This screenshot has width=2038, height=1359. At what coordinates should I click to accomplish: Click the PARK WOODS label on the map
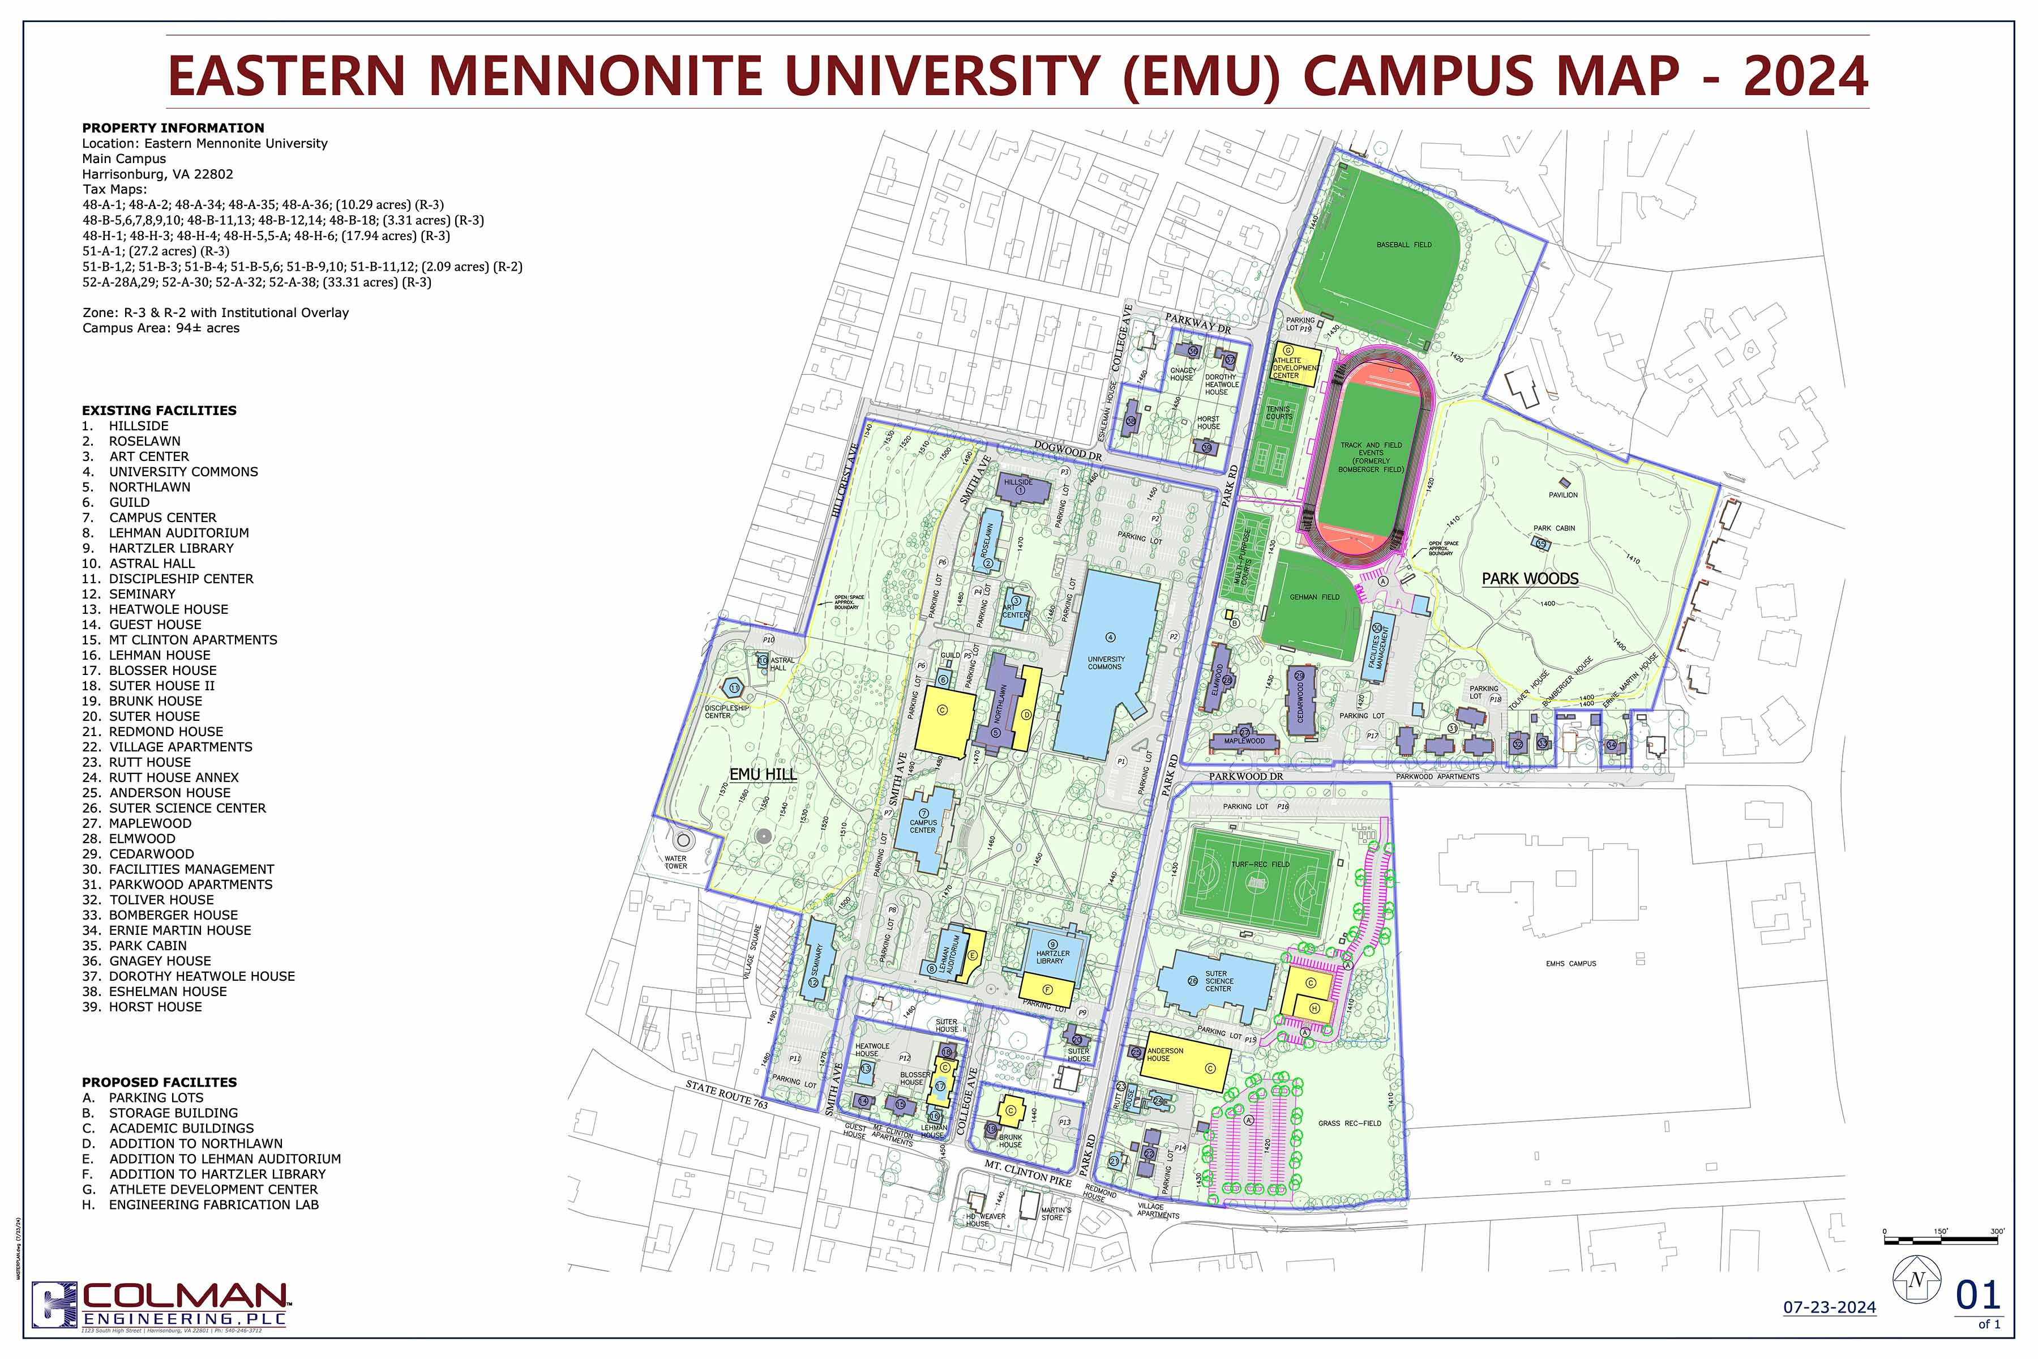coord(1530,579)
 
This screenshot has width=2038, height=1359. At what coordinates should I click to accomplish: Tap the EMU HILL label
coord(763,775)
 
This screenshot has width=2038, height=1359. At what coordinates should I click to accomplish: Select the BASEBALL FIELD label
coord(1404,245)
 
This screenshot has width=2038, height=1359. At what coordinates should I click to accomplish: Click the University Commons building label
coord(1105,663)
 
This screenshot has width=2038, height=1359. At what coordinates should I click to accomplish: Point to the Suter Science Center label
coord(1218,981)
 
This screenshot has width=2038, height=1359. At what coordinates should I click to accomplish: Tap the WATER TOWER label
coord(676,862)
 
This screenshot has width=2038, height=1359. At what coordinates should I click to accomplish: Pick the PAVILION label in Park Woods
coord(1563,495)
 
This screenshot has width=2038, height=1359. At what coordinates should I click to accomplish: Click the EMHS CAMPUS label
coord(1570,964)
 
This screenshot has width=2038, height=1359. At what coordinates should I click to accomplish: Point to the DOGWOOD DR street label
coord(1068,451)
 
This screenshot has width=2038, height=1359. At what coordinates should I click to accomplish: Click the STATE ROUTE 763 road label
coord(726,1094)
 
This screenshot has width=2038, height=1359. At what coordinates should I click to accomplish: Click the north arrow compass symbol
coord(1917,1279)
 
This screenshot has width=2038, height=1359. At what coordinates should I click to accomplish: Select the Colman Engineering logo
coord(160,1305)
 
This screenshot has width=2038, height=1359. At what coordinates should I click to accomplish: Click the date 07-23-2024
coord(1829,1307)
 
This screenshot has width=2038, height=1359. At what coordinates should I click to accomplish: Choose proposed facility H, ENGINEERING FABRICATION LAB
coord(213,1205)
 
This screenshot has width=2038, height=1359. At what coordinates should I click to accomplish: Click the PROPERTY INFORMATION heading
coord(173,127)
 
